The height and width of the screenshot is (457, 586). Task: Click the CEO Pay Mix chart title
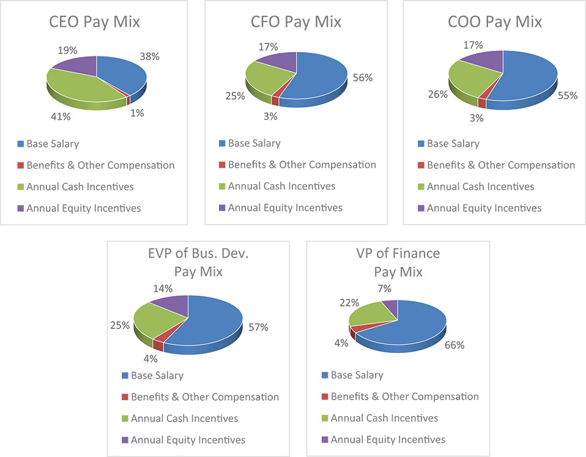pyautogui.click(x=95, y=23)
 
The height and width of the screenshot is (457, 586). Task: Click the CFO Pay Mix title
pyautogui.click(x=296, y=23)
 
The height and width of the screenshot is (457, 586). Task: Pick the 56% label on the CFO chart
pyautogui.click(x=363, y=78)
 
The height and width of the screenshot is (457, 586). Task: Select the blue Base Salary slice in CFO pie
pyautogui.click(x=321, y=76)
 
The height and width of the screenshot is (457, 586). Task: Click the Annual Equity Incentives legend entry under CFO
pyautogui.click(x=285, y=208)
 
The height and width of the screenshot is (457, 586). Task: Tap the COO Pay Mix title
pyautogui.click(x=495, y=23)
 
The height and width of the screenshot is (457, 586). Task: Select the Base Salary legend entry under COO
pyautogui.click(x=453, y=144)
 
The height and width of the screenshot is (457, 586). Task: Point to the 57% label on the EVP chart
pyautogui.click(x=258, y=327)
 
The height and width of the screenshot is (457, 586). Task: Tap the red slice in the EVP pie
pyautogui.click(x=158, y=344)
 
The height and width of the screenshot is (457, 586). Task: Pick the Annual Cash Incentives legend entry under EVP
pyautogui.click(x=184, y=418)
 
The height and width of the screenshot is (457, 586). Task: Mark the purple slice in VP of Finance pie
pyautogui.click(x=390, y=308)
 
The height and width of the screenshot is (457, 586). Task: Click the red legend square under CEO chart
pyautogui.click(x=20, y=166)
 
